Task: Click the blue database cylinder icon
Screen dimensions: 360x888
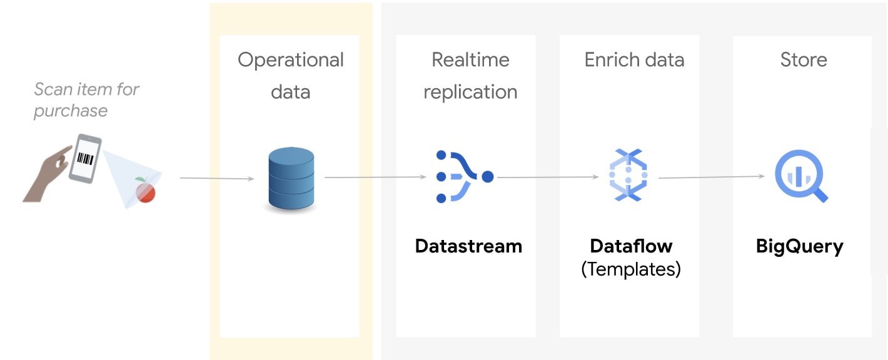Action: (x=291, y=179)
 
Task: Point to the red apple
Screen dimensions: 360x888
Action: (x=146, y=191)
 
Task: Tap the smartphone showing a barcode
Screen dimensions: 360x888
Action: (x=85, y=158)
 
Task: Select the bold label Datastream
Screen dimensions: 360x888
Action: (x=468, y=246)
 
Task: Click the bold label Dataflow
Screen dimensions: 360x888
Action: (x=631, y=246)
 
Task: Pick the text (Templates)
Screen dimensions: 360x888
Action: (x=631, y=269)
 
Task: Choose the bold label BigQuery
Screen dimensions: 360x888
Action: (x=799, y=246)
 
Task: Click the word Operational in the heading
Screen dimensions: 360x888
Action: (x=291, y=60)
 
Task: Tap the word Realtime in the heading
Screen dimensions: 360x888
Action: (x=470, y=60)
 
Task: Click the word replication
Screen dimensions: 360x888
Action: (x=470, y=92)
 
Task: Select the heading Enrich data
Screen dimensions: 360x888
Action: (x=634, y=60)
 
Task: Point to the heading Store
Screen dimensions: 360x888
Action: (x=804, y=60)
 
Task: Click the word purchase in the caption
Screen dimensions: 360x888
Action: (x=71, y=111)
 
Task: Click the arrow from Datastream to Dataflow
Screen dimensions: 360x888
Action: (x=548, y=177)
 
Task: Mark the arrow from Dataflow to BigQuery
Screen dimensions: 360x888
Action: (x=712, y=177)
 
